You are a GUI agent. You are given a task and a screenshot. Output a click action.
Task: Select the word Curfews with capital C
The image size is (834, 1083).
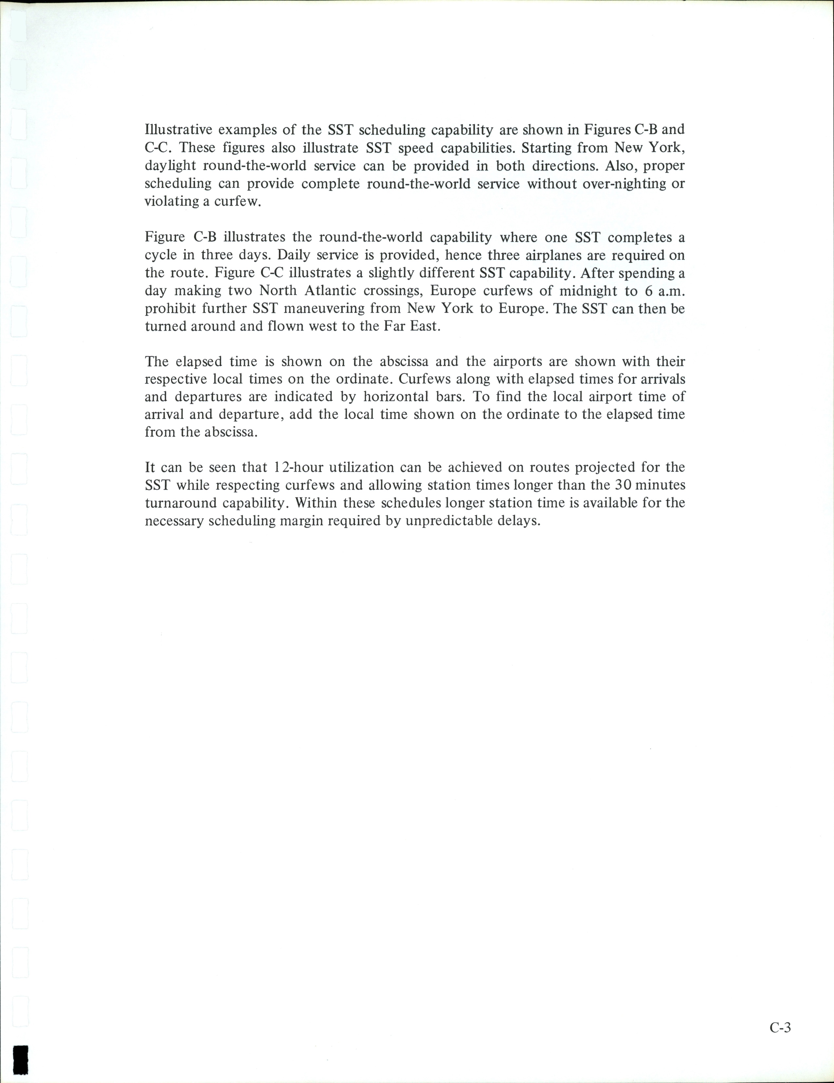[423, 379]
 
